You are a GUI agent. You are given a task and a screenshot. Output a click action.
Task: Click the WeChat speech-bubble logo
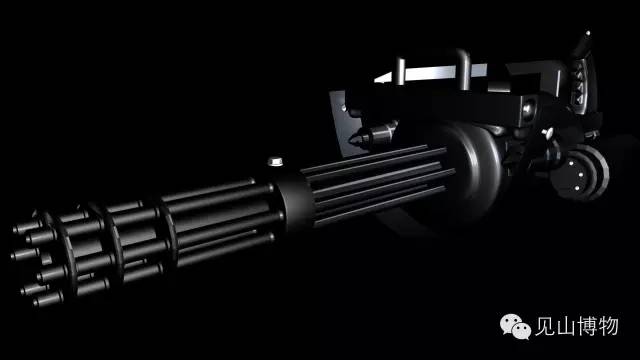coord(515,326)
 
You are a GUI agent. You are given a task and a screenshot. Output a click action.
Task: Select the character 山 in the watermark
coord(565,327)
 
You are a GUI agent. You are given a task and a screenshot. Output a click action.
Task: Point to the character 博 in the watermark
coord(587,326)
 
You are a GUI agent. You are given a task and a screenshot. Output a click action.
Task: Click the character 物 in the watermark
coord(608,326)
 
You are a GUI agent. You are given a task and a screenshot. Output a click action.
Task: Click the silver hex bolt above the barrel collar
coord(276,161)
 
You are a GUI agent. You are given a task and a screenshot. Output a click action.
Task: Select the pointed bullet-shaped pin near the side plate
coord(373,134)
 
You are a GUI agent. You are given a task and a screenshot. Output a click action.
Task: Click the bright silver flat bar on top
coord(433,73)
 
